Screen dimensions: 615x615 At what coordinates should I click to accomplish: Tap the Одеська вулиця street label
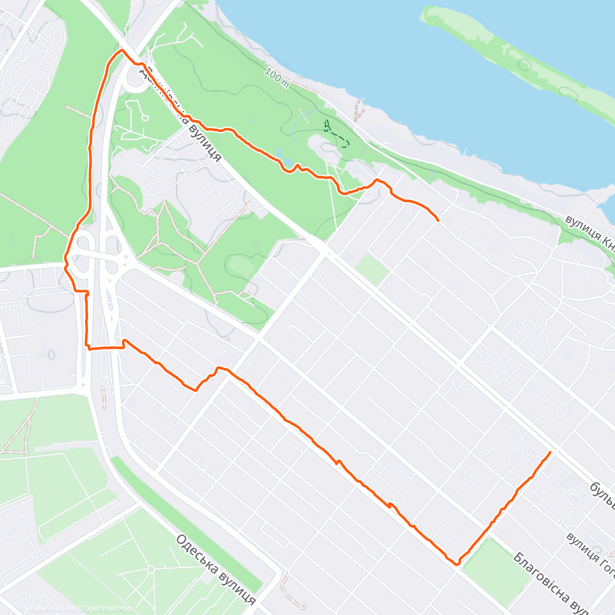tap(215, 569)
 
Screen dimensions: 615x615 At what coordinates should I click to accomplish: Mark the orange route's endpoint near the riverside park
tap(438, 220)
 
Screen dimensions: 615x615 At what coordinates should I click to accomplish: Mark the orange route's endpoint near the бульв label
tap(550, 452)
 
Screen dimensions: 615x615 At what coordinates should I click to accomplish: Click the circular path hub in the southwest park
tap(150, 569)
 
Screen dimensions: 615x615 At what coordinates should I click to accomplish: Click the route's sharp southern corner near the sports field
tap(457, 564)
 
